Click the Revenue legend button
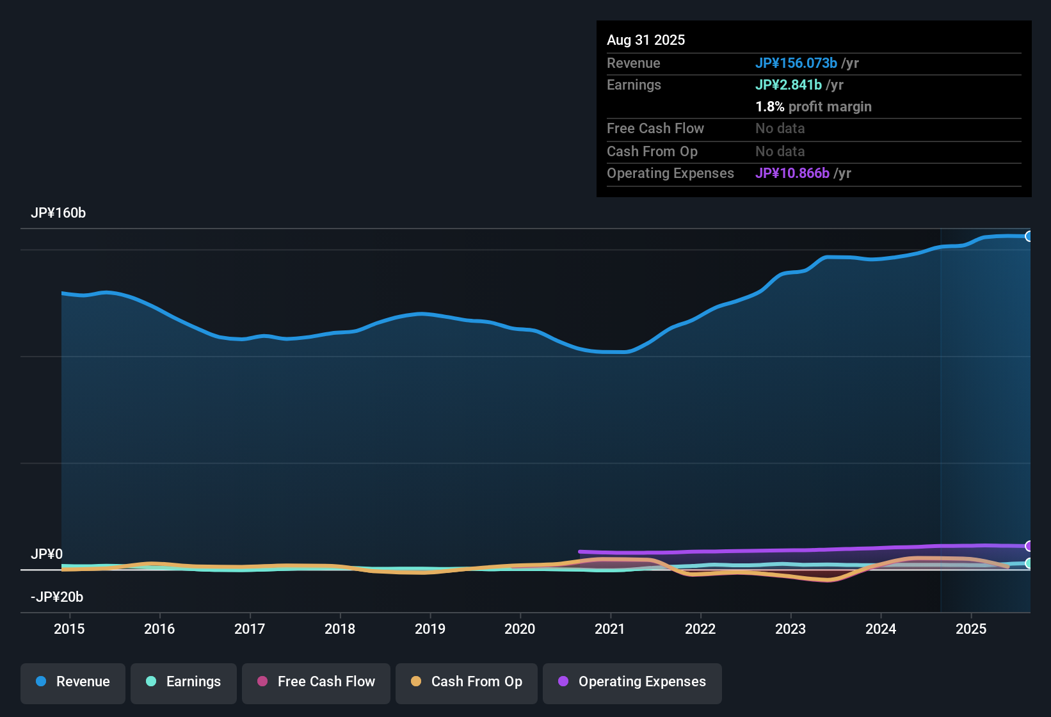[73, 682]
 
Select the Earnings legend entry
[184, 682]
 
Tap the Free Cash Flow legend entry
[316, 682]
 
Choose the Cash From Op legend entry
[467, 682]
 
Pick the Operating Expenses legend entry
[632, 682]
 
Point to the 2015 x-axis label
[69, 629]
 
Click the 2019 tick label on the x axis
[430, 629]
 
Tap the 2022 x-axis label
[700, 629]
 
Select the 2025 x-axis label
[971, 629]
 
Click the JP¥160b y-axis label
[58, 213]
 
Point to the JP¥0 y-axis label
[47, 554]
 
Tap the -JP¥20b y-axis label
[57, 597]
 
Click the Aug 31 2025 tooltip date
[646, 40]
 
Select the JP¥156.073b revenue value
[796, 63]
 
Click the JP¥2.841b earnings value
[789, 85]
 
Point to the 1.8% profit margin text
[814, 107]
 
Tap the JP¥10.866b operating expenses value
[792, 173]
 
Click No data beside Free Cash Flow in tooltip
[780, 129]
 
